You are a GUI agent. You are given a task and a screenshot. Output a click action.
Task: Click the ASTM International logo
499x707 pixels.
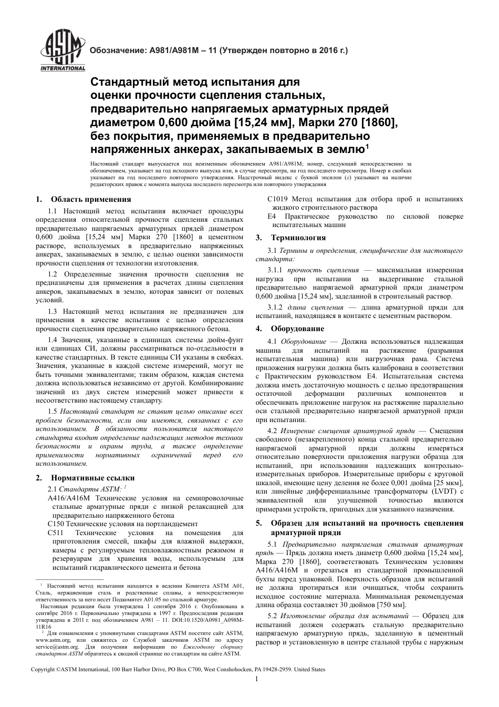pyautogui.click(x=62, y=51)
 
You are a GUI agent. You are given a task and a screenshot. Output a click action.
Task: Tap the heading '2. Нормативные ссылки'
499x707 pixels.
pyautogui.click(x=85, y=478)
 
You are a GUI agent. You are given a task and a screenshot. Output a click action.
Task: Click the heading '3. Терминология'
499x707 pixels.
pyautogui.click(x=290, y=238)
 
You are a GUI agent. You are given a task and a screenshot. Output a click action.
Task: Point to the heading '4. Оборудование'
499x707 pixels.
pyautogui.click(x=290, y=329)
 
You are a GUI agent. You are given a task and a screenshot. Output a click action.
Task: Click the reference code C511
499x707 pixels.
pyautogui.click(x=56, y=532)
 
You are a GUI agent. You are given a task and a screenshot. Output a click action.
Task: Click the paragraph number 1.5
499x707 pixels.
pyautogui.click(x=52, y=411)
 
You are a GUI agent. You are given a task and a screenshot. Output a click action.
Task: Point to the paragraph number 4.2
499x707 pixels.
pyautogui.click(x=273, y=431)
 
